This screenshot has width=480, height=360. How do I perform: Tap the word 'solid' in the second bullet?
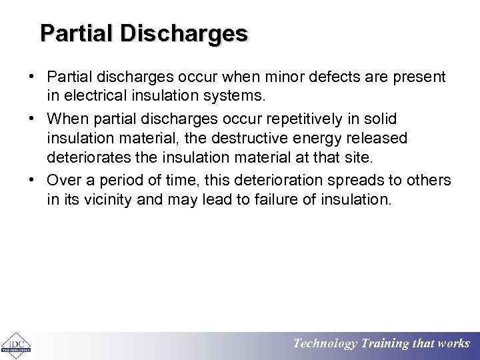[x=380, y=119]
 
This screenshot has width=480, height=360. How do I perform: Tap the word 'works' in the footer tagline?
[x=454, y=344]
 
